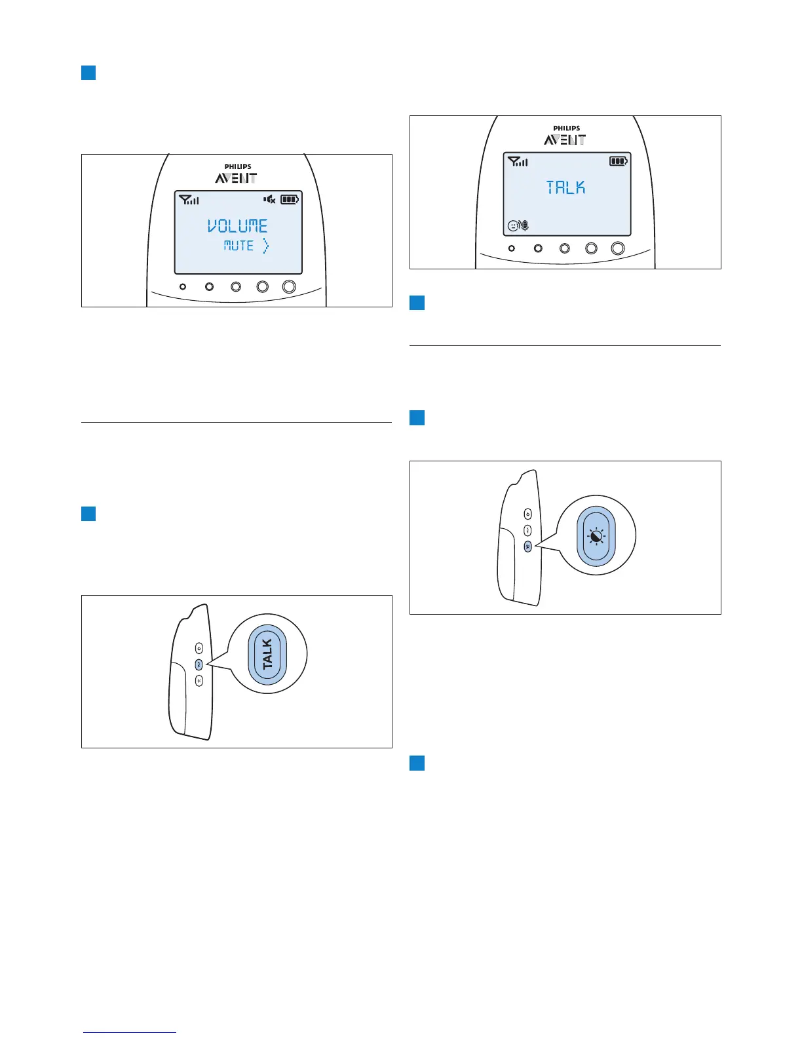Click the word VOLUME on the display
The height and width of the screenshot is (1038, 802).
pyautogui.click(x=238, y=226)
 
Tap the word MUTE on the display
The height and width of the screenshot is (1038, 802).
pyautogui.click(x=239, y=246)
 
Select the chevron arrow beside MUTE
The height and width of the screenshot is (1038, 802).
pyautogui.click(x=265, y=246)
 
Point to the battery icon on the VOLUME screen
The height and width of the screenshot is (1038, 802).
pyautogui.click(x=290, y=199)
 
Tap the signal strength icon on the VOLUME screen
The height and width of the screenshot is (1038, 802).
pyautogui.click(x=189, y=199)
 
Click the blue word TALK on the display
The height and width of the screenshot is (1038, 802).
pyautogui.click(x=566, y=188)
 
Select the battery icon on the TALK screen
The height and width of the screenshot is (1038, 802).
pyautogui.click(x=619, y=161)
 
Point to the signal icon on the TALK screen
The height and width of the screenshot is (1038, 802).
pyautogui.click(x=518, y=161)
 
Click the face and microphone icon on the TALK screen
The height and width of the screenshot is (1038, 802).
pyautogui.click(x=518, y=226)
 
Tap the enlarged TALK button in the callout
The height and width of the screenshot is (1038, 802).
pyautogui.click(x=267, y=654)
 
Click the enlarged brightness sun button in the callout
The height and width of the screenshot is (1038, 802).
pyautogui.click(x=596, y=535)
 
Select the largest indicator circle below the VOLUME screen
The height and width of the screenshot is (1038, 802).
pyautogui.click(x=289, y=286)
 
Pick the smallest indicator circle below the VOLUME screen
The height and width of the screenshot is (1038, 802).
pyautogui.click(x=183, y=286)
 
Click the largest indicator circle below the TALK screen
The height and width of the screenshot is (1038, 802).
pyautogui.click(x=618, y=248)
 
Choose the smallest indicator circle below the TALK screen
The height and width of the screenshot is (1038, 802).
pyautogui.click(x=512, y=248)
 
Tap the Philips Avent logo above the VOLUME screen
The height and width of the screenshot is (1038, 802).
pyautogui.click(x=237, y=174)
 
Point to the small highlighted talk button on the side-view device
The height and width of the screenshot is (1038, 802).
pyautogui.click(x=199, y=664)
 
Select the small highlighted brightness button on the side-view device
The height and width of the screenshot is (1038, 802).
pyautogui.click(x=527, y=546)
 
